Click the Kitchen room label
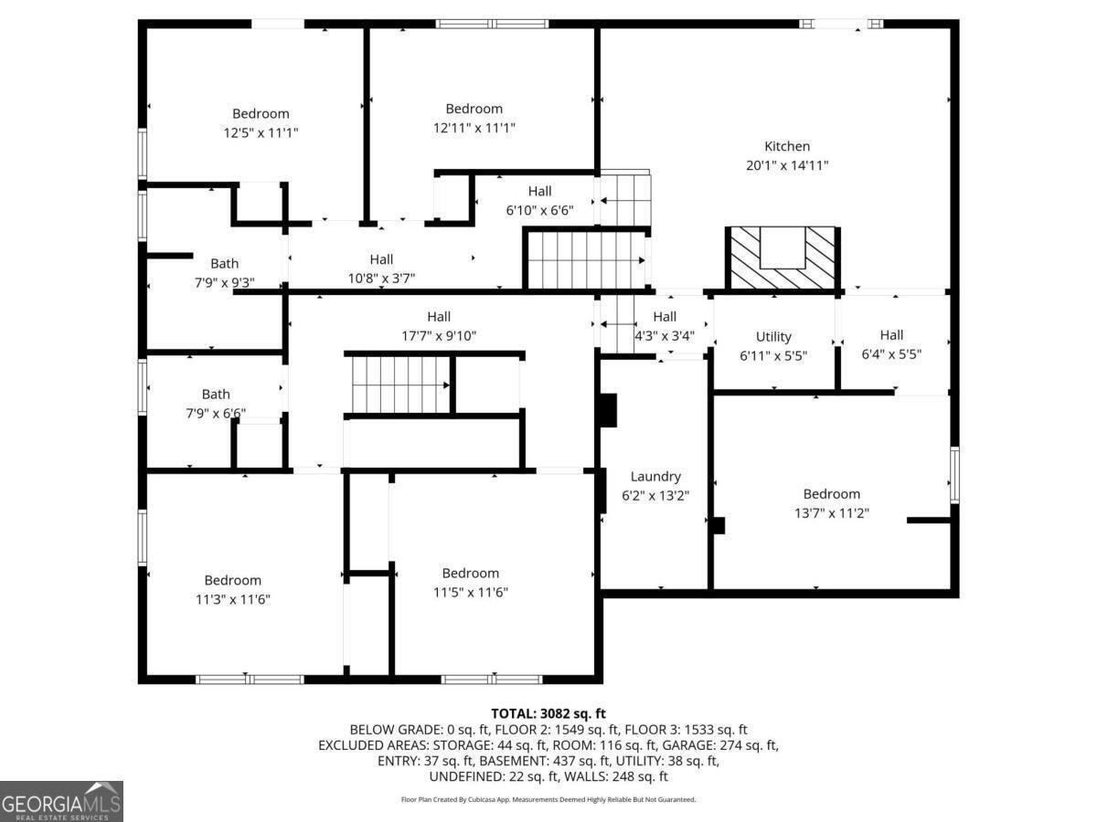click(787, 146)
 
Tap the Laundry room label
click(655, 477)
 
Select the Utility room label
click(773, 337)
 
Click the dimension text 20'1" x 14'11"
click(787, 165)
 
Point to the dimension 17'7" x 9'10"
click(439, 335)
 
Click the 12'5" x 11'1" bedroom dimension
click(261, 132)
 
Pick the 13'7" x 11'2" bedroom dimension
click(832, 513)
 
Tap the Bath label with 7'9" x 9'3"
click(224, 263)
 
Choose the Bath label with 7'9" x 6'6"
click(216, 395)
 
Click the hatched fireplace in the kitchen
click(783, 258)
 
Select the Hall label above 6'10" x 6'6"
click(539, 191)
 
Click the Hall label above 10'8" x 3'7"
click(381, 259)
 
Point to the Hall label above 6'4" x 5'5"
click(891, 335)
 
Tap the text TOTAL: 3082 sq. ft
click(548, 713)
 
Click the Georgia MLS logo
click(61, 801)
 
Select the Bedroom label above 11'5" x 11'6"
click(470, 573)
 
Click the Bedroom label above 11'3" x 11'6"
click(232, 580)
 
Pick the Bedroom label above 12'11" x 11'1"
click(474, 109)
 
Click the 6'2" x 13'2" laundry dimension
click(655, 496)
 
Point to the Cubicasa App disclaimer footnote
click(548, 799)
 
